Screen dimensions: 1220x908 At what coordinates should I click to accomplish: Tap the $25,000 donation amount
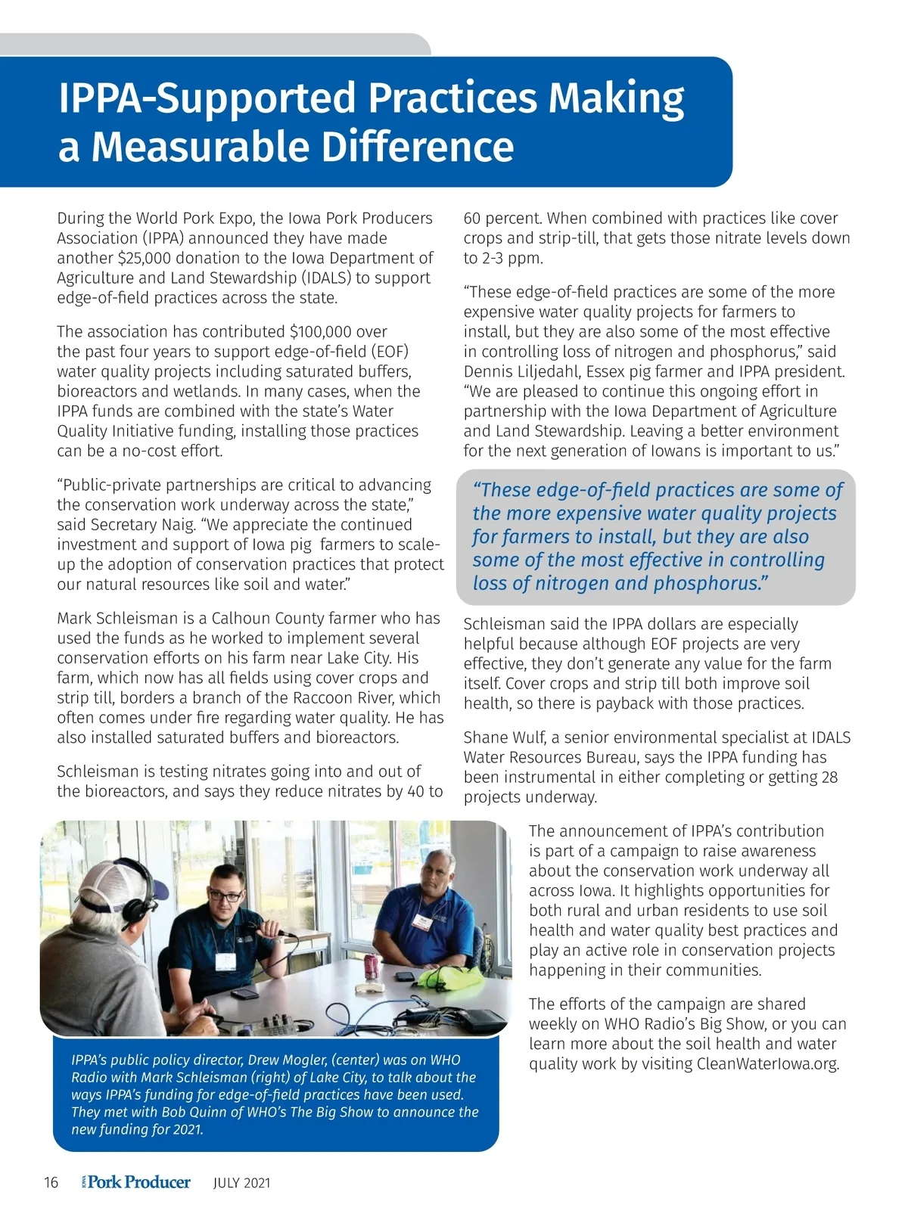click(x=149, y=258)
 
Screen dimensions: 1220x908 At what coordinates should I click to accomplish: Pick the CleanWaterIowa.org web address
click(x=767, y=1063)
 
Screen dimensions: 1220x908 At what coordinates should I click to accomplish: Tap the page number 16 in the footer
click(x=51, y=1183)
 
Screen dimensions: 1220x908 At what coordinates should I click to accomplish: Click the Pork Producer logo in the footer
click(x=136, y=1182)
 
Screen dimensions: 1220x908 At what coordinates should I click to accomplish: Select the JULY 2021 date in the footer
click(x=241, y=1183)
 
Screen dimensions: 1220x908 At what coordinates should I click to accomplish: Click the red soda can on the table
click(x=371, y=967)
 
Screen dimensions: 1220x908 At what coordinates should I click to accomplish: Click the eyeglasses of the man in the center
click(x=225, y=896)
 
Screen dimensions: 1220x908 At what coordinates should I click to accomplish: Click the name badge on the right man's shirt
click(x=421, y=924)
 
